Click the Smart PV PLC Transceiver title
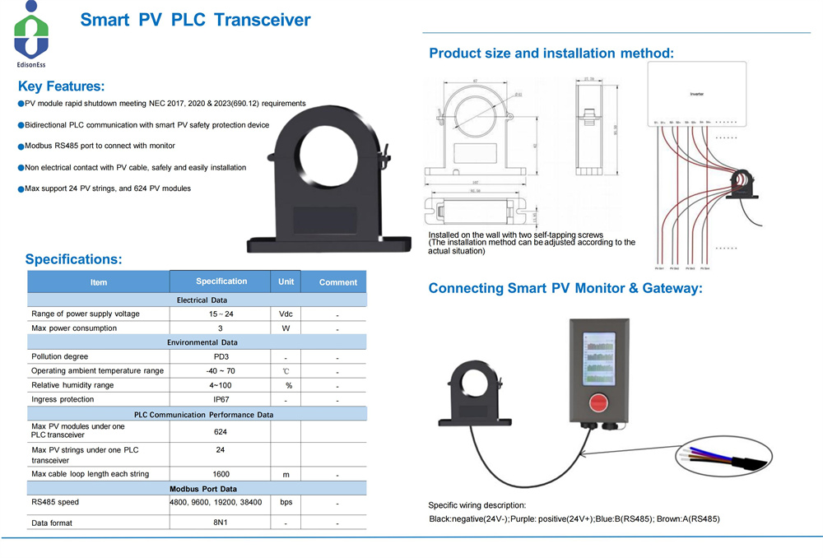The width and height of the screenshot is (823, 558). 195,20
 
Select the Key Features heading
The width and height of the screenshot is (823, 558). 61,86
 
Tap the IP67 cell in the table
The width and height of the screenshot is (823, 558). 220,399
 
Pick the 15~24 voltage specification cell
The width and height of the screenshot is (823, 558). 220,314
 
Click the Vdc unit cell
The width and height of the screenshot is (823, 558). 286,314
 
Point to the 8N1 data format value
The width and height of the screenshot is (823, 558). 220,523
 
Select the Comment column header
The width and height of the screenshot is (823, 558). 337,282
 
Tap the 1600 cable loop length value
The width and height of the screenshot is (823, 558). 220,474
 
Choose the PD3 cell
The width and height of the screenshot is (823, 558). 220,356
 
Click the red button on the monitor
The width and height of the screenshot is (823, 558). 599,402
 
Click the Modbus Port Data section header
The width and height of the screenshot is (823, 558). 197,489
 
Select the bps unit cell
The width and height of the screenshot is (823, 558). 286,502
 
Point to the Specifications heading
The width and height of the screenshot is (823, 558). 73,259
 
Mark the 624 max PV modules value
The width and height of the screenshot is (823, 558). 220,431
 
